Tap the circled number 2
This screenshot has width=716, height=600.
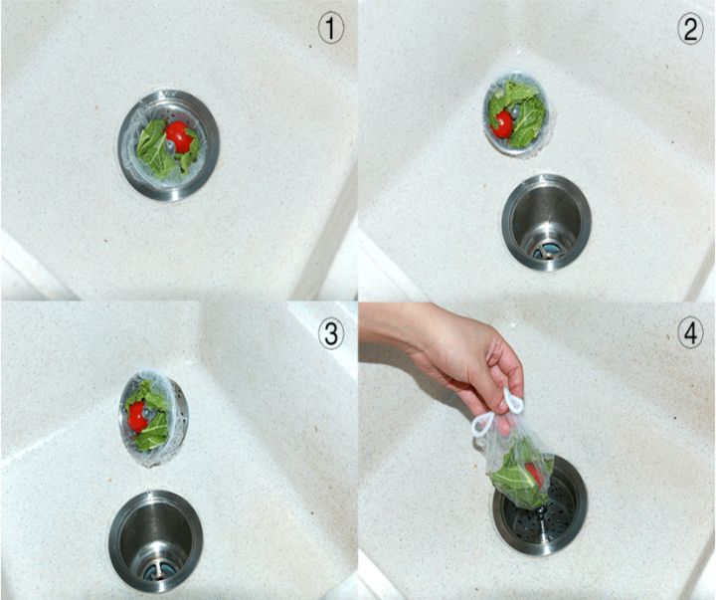tap(690, 30)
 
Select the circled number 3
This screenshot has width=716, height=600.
tap(330, 334)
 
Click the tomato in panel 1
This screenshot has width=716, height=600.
tap(179, 136)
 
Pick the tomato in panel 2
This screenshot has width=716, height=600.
tap(502, 123)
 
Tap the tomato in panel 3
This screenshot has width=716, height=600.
tap(137, 417)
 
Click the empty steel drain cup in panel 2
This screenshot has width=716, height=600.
tap(546, 222)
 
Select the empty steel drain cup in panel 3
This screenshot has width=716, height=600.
tap(156, 541)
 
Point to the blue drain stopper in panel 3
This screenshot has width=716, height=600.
tap(157, 572)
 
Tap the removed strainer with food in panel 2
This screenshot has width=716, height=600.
tap(517, 114)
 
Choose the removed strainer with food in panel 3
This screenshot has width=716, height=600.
tap(152, 417)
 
